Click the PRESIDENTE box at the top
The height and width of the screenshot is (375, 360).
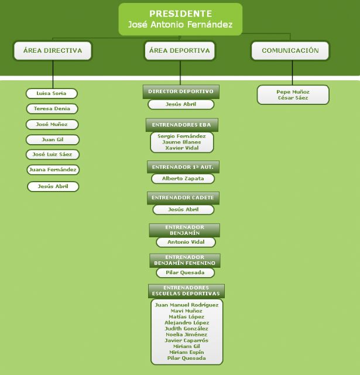tap(180, 19)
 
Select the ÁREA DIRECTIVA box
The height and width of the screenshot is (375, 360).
tap(53, 51)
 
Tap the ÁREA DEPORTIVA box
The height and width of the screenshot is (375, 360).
tap(180, 51)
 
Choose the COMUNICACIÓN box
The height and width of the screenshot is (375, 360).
tap(290, 51)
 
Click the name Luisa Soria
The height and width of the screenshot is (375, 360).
tap(52, 93)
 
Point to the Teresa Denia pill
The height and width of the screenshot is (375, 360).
tap(52, 108)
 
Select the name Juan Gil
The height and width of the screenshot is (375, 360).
tap(53, 139)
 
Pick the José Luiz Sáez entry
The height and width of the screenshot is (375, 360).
tap(52, 154)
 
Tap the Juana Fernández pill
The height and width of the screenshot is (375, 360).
tap(53, 169)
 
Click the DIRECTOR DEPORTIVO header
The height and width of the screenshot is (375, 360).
tap(181, 91)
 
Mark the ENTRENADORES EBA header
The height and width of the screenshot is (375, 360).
tap(182, 125)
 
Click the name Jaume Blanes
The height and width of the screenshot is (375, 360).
tap(181, 142)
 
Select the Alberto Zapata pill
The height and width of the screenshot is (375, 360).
tap(183, 179)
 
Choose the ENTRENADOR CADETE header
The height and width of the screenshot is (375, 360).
tap(183, 198)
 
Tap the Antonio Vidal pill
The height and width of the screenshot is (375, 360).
tap(186, 242)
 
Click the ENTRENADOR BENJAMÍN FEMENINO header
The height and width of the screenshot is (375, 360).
tap(184, 260)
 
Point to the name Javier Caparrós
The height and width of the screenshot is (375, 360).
tap(186, 340)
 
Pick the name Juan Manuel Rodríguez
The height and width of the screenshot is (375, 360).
tap(187, 305)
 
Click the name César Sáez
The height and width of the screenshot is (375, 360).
tap(293, 98)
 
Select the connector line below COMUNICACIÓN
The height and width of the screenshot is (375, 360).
tap(292, 73)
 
